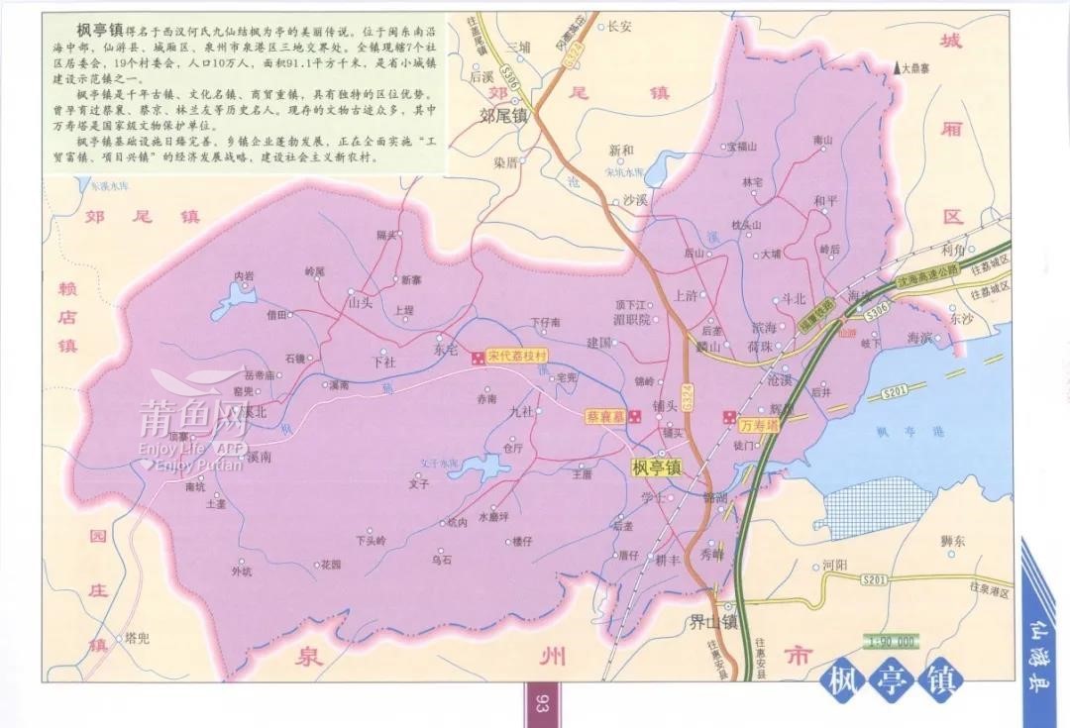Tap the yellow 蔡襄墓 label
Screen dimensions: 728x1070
pyautogui.click(x=604, y=417)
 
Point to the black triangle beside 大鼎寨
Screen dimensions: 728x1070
pyautogui.click(x=897, y=68)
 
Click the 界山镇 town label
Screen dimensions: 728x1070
pyautogui.click(x=714, y=623)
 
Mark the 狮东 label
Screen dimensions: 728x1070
pyautogui.click(x=954, y=541)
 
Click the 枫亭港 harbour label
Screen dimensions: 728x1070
pyautogui.click(x=896, y=431)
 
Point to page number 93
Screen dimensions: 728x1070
pyautogui.click(x=542, y=705)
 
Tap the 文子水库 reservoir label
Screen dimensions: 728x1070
pyautogui.click(x=441, y=462)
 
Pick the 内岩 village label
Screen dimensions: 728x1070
pyautogui.click(x=244, y=274)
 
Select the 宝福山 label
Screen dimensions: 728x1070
pyautogui.click(x=741, y=146)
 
